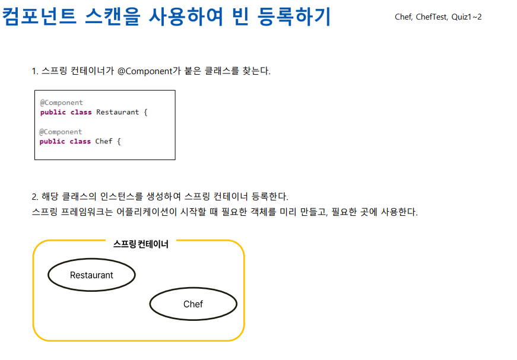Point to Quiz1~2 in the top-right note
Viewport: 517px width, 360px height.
[467, 17]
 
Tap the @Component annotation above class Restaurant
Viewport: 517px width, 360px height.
[62, 103]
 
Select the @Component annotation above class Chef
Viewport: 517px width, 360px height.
[61, 132]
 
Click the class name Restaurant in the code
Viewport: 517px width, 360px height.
[118, 112]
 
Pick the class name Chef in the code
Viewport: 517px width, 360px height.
[104, 141]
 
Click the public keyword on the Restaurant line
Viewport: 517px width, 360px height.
[53, 112]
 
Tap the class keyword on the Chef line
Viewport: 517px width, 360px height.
[80, 141]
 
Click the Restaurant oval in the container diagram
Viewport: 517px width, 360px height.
[91, 275]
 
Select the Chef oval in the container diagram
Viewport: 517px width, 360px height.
[193, 304]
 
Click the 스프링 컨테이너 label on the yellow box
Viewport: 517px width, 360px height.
[141, 244]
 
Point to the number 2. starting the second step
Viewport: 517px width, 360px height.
[34, 196]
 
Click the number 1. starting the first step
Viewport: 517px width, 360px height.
[34, 71]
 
